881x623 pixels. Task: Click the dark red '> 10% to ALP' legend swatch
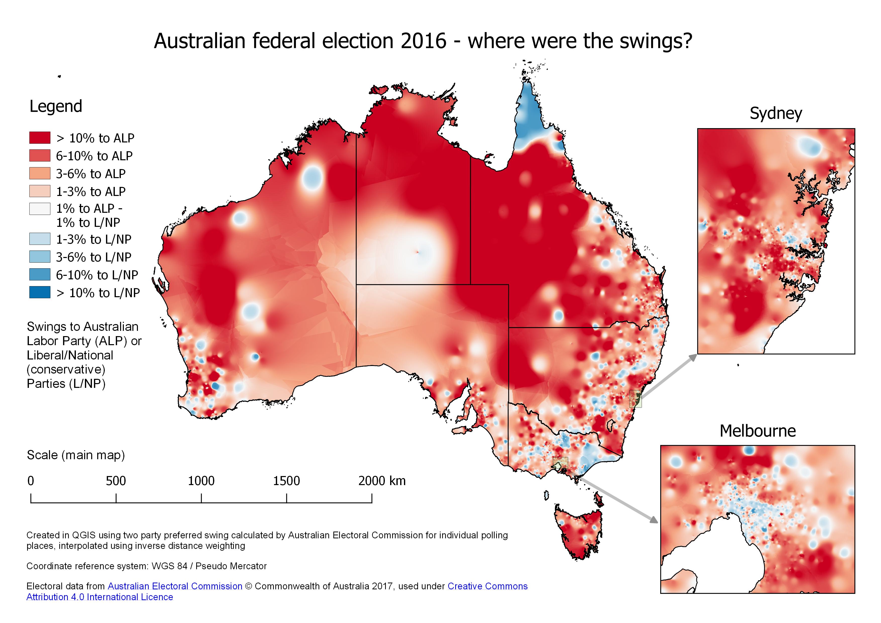pyautogui.click(x=39, y=137)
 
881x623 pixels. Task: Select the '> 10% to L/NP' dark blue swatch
pyautogui.click(x=39, y=292)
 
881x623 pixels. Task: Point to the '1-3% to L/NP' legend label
pyautogui.click(x=94, y=239)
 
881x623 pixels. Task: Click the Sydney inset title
pyautogui.click(x=775, y=114)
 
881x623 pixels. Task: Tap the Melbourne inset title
pyautogui.click(x=757, y=431)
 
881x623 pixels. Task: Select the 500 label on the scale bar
pyautogui.click(x=116, y=481)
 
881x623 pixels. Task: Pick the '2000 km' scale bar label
pyautogui.click(x=382, y=481)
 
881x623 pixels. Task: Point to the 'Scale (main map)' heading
pyautogui.click(x=76, y=455)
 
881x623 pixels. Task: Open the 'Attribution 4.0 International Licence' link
pyautogui.click(x=99, y=597)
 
